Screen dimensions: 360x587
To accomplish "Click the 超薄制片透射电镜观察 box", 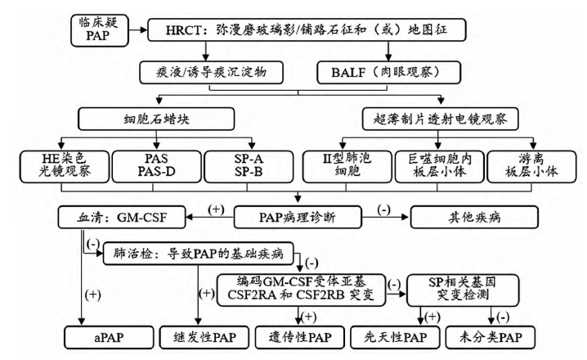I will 438,120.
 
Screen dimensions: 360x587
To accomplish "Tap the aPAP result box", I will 115,336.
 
